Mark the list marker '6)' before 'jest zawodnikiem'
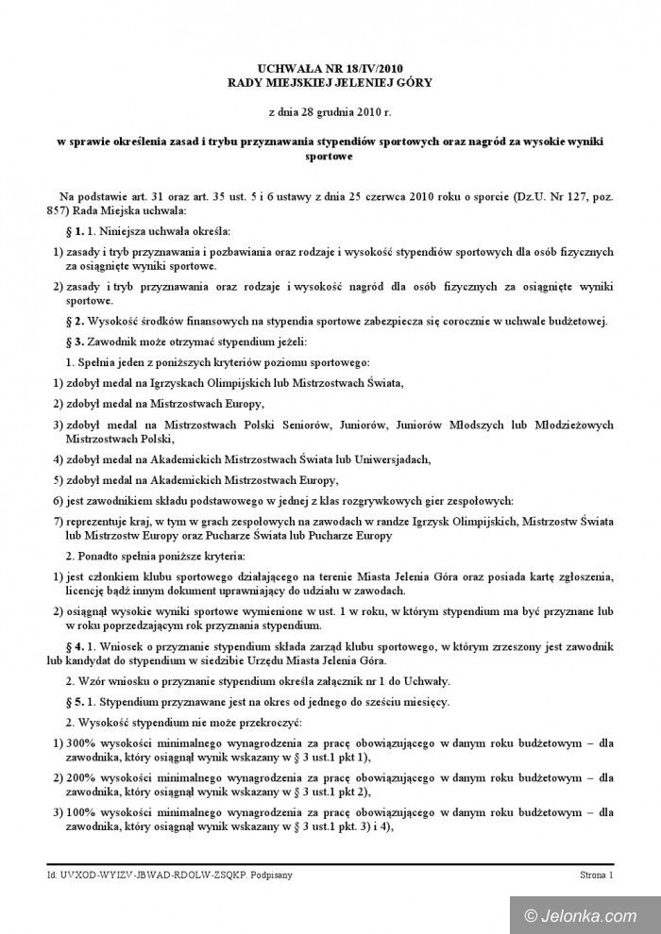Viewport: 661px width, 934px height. click(x=57, y=499)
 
